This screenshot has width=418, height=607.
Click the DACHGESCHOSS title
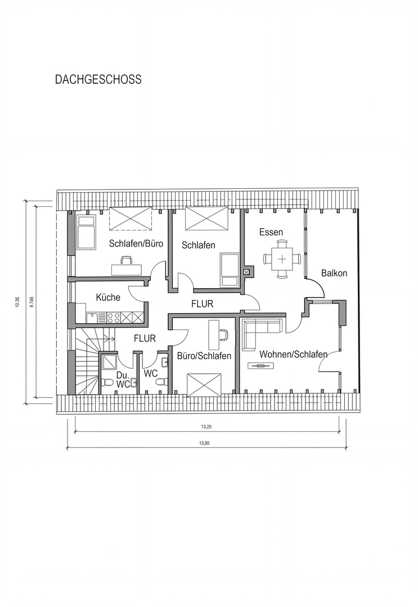(x=98, y=79)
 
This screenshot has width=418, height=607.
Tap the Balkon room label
(x=334, y=273)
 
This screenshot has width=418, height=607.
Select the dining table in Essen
(x=283, y=259)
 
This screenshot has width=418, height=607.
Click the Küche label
(x=108, y=297)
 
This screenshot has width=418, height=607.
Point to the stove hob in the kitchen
(x=114, y=318)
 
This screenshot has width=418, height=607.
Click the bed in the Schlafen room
(x=230, y=270)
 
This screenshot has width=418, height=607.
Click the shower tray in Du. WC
(x=108, y=362)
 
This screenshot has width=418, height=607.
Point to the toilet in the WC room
(x=161, y=382)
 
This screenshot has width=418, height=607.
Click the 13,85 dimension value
(x=204, y=443)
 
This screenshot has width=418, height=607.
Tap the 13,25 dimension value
(x=205, y=426)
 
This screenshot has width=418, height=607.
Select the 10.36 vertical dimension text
(x=17, y=302)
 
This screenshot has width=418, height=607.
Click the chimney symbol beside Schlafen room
(x=245, y=272)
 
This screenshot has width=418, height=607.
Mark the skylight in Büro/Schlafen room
(x=204, y=385)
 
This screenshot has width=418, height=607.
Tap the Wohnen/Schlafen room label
(x=293, y=354)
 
